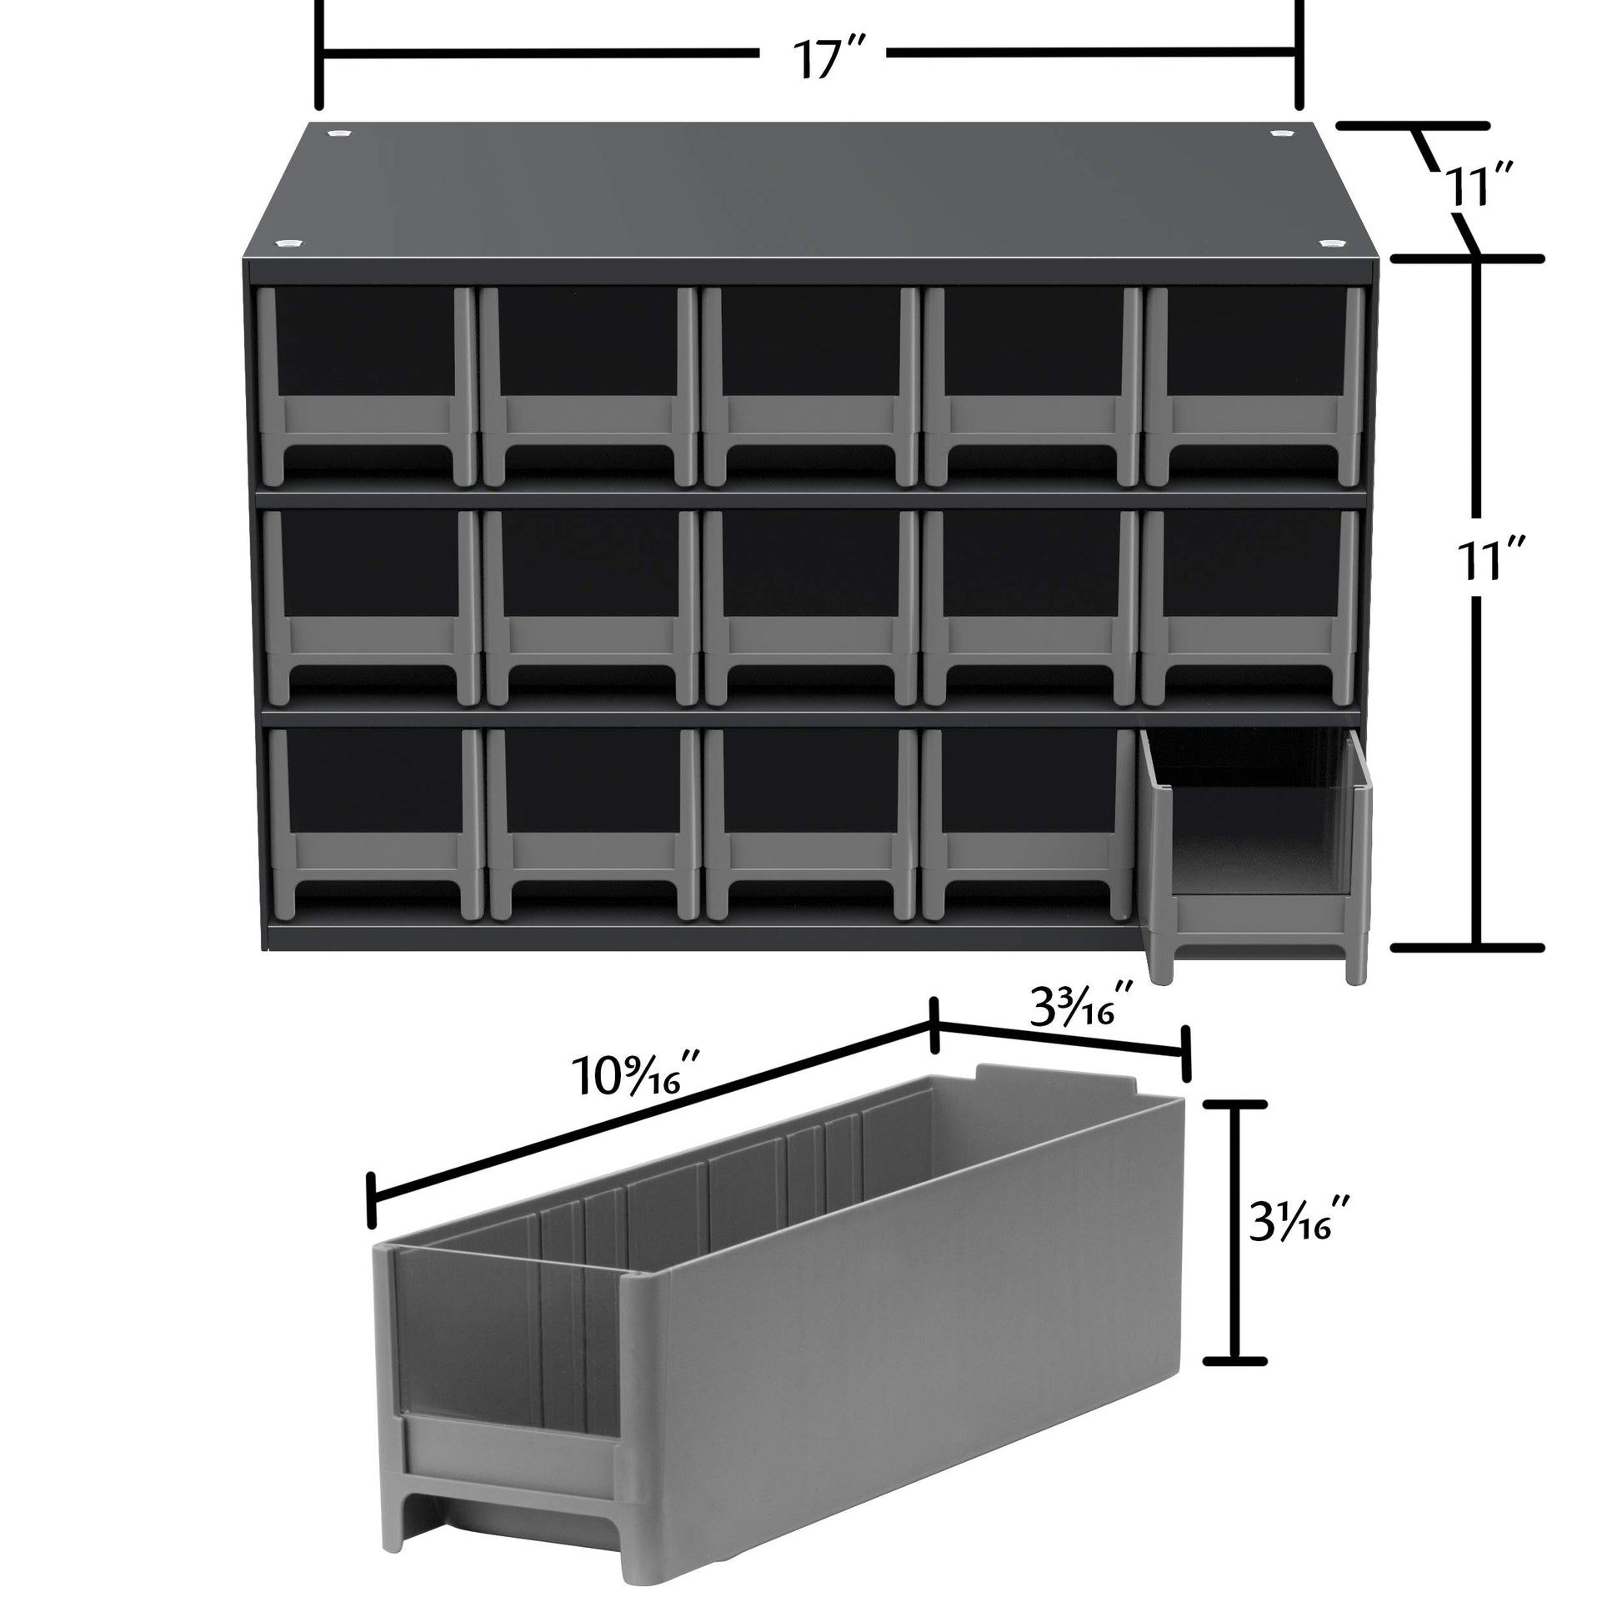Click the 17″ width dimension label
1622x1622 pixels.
[828, 58]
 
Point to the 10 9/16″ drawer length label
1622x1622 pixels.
[635, 1075]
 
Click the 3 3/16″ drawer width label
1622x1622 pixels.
[1083, 1004]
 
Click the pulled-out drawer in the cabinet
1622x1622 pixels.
[1256, 853]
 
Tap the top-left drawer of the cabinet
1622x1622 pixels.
[368, 387]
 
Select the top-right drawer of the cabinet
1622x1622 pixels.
[1254, 387]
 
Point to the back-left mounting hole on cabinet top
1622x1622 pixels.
[339, 133]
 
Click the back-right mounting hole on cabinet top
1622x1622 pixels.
[1281, 133]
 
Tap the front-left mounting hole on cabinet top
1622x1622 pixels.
[286, 243]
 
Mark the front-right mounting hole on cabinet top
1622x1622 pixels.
[1329, 243]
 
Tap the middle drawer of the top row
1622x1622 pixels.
[810, 387]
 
